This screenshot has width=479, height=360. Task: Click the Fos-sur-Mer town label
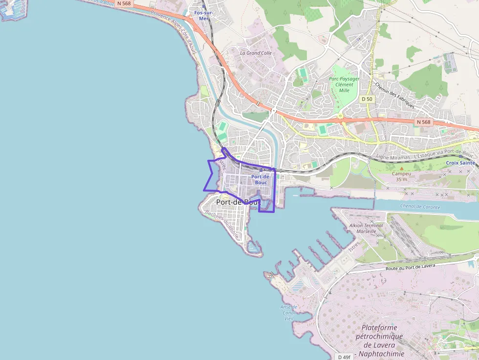[204, 15]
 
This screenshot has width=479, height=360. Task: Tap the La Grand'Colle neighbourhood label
[256, 53]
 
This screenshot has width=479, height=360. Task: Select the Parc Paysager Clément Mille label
[344, 84]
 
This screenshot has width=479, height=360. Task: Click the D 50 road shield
[367, 99]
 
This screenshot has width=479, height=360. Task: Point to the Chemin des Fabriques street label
[394, 95]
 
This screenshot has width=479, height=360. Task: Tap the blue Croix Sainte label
[460, 163]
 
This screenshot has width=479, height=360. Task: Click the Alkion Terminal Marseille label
[367, 228]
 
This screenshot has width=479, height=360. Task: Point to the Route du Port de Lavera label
[410, 267]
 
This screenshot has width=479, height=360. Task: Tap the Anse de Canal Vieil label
[288, 313]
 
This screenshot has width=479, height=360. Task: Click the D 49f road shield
[344, 357]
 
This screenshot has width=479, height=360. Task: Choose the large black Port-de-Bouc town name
[238, 202]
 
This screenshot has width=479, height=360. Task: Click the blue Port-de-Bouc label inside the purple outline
[261, 179]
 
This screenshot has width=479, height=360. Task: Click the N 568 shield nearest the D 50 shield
[423, 122]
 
